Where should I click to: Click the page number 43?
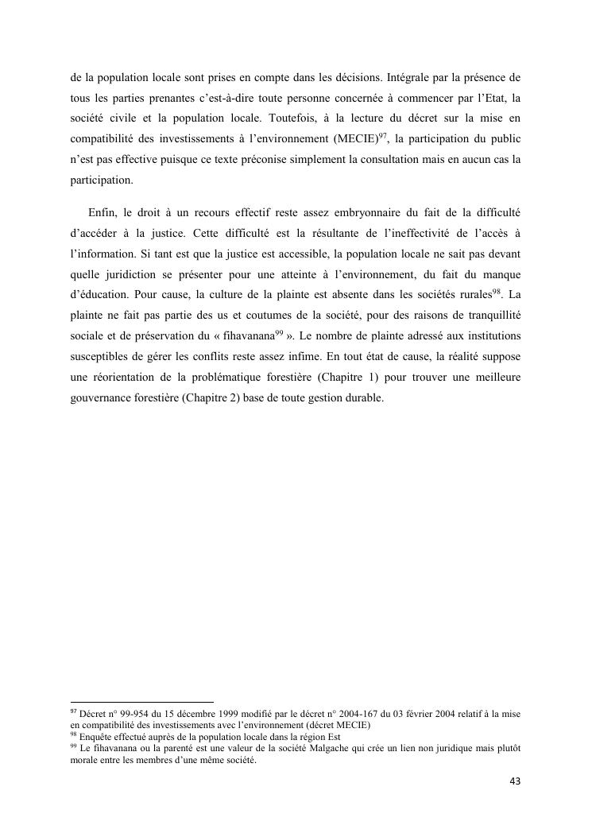point(514,781)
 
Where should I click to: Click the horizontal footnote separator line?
point(142,702)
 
